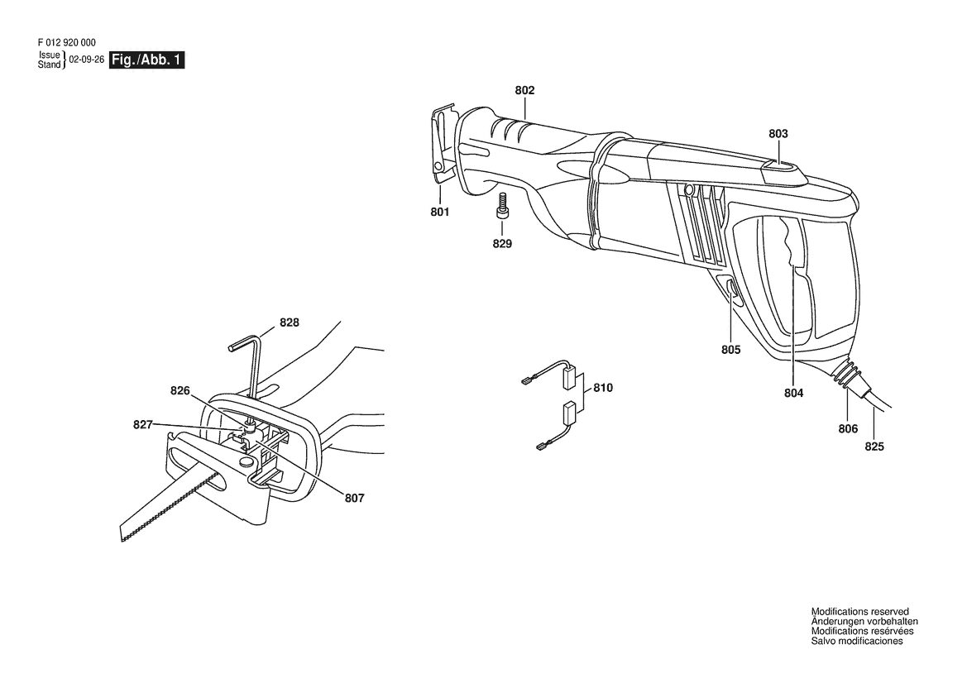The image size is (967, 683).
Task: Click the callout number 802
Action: (524, 91)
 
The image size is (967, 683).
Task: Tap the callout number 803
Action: (778, 134)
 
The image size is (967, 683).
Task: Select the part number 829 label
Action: (502, 243)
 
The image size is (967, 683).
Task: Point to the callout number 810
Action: (603, 388)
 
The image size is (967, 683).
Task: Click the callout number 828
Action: (290, 322)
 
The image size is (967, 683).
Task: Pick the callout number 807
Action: (354, 498)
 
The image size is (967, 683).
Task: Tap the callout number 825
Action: (874, 447)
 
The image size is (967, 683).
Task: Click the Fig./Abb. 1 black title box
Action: (146, 60)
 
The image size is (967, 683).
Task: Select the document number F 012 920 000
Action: (67, 42)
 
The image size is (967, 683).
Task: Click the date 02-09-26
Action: (86, 60)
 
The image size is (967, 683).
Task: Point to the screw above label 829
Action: (501, 205)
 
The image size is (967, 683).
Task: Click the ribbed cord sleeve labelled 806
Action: (845, 375)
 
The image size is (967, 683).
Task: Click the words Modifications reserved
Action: (859, 612)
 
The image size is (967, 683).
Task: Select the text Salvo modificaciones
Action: (857, 641)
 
